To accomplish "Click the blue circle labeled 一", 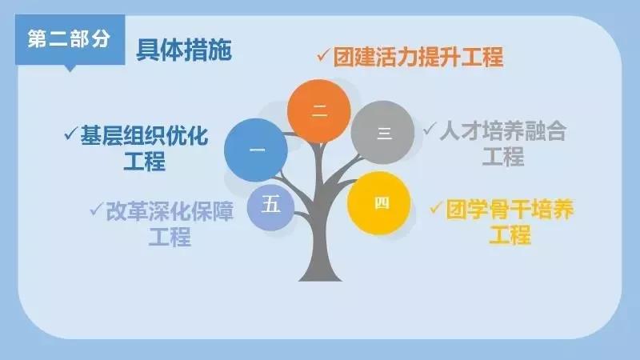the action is (x=256, y=150).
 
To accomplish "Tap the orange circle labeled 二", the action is (x=318, y=111).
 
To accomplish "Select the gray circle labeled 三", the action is (x=382, y=133).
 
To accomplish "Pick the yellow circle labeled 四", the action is (x=378, y=203).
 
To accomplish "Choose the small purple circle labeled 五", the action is (x=270, y=206).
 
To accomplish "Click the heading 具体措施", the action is (x=184, y=50).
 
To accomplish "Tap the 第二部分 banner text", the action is (x=69, y=39).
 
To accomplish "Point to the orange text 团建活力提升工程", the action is (x=418, y=57).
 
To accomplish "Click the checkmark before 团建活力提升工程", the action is (x=323, y=55).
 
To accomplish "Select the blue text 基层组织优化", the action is (x=144, y=135).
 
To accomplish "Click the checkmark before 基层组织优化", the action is (x=71, y=134).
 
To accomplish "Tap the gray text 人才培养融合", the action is (x=503, y=131).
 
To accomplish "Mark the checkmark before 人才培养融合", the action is (x=430, y=129).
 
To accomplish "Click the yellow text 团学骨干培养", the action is (x=510, y=210).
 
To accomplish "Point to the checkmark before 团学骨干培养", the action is (x=437, y=207).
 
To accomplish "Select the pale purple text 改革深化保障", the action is (x=170, y=211).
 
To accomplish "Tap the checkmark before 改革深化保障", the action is (x=96, y=209).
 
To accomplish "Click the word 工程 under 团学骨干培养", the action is (x=510, y=235).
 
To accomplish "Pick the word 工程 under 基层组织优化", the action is (x=145, y=161).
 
